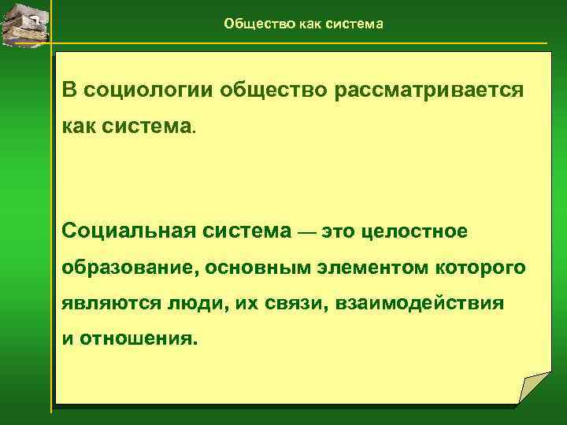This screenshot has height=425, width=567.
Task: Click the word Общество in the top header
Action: coord(251,24)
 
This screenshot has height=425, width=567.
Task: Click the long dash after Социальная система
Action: coord(307,233)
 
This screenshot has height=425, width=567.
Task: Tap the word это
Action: coord(337,232)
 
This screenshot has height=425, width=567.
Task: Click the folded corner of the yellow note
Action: coord(534,389)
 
